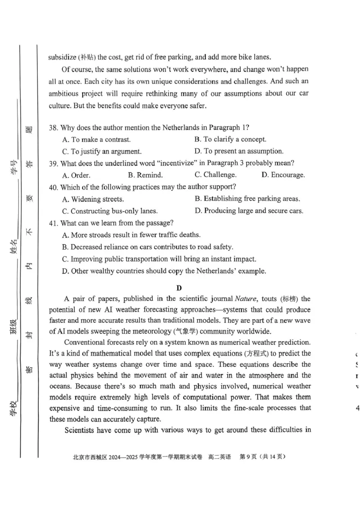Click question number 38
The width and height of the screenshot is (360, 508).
[54, 128]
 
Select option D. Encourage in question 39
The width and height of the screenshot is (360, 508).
[283, 175]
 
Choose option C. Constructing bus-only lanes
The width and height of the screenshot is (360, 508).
[110, 211]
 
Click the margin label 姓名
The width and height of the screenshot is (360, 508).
[13, 247]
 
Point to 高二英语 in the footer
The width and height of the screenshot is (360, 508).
[219, 457]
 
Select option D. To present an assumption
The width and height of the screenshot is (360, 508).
[238, 151]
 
